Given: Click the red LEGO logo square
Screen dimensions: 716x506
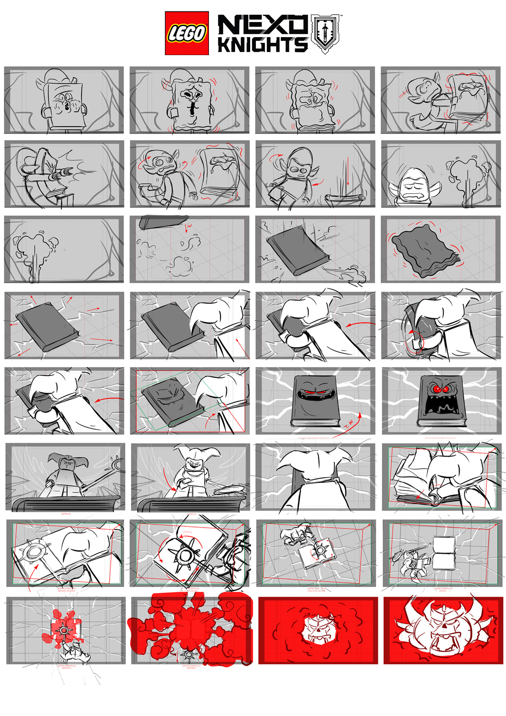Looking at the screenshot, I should (x=186, y=33).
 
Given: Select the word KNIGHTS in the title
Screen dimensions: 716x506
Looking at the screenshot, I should (x=262, y=45).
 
